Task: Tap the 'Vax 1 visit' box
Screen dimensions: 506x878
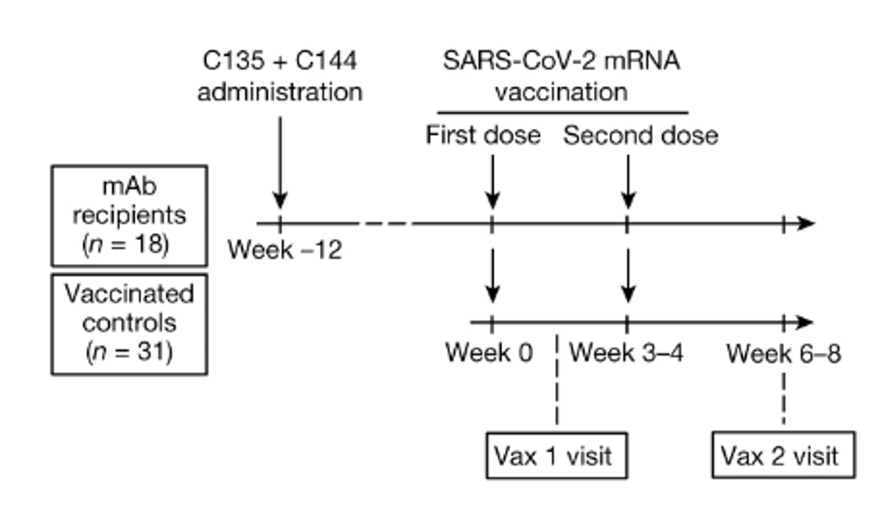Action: (555, 456)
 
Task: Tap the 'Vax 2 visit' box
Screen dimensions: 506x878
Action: (782, 456)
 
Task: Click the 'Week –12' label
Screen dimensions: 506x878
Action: (285, 249)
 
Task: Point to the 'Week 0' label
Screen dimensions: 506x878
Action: (488, 352)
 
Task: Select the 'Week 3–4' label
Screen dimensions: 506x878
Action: (627, 352)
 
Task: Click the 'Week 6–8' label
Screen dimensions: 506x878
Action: (784, 352)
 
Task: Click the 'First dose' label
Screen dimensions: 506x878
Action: (483, 136)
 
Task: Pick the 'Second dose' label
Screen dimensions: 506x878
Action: (640, 136)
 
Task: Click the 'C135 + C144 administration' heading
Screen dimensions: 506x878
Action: (280, 77)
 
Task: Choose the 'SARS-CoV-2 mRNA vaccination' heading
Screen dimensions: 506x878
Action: (561, 77)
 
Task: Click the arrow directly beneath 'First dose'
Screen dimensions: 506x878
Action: (492, 179)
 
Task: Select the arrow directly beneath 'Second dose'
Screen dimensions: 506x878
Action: (627, 179)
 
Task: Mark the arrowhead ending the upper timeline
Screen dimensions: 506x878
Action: (804, 223)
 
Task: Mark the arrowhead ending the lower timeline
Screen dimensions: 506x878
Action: (804, 323)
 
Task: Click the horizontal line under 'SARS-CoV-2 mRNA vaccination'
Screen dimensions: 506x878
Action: (561, 112)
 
